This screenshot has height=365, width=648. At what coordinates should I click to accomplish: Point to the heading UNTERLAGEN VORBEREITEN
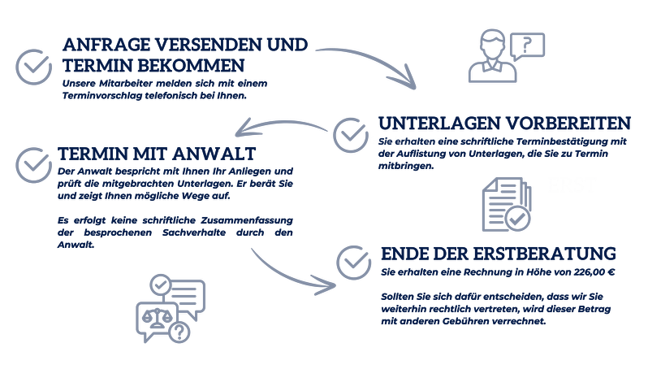(504, 124)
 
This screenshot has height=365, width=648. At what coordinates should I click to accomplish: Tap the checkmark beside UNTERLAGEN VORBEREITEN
(350, 133)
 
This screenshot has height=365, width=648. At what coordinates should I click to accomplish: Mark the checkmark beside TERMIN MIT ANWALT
(32, 162)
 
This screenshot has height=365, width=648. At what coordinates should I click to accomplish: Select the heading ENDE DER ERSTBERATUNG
(498, 253)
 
